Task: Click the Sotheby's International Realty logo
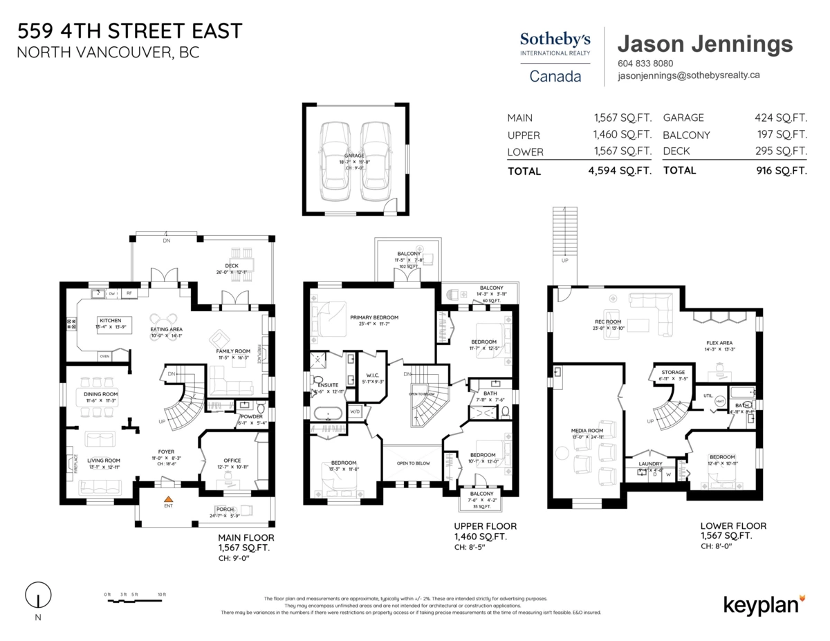[555, 56]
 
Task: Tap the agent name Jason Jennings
[704, 44]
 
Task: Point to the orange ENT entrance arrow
[167, 498]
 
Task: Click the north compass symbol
[38, 595]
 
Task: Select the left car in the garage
[333, 160]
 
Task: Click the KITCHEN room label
[111, 321]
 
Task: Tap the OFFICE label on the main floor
[232, 461]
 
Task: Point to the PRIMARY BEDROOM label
[374, 317]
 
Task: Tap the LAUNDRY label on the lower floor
[650, 463]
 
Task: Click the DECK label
[231, 265]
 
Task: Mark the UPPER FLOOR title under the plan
[485, 526]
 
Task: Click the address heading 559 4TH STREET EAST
[130, 30]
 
